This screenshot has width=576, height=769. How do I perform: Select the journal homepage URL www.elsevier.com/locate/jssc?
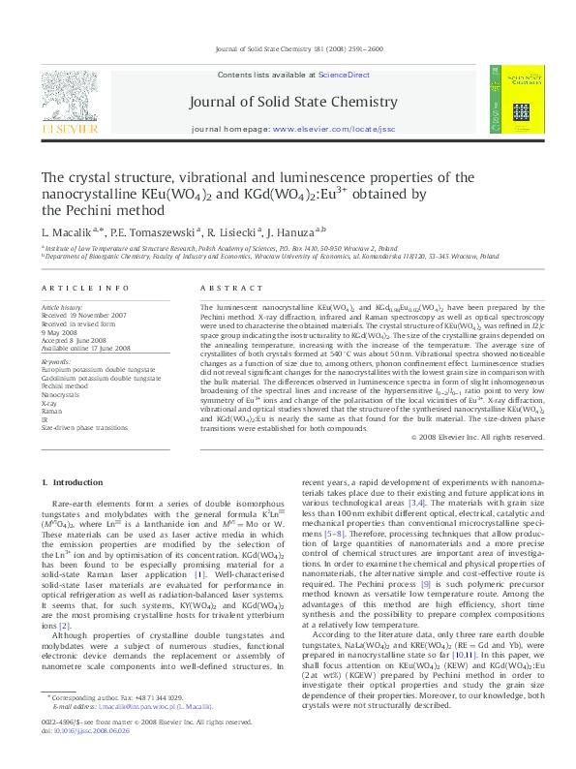pyautogui.click(x=359, y=129)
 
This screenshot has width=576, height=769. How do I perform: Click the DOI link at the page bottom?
pyautogui.click(x=88, y=743)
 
